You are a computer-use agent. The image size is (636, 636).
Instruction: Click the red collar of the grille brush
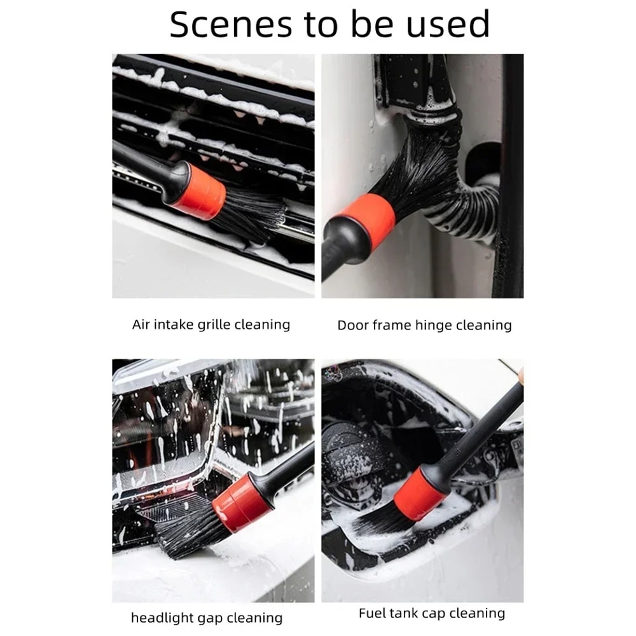pyautogui.click(x=198, y=191)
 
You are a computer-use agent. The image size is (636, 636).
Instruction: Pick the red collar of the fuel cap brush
pyautogui.click(x=417, y=493)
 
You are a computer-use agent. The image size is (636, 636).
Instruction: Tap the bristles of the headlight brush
pyautogui.click(x=184, y=528)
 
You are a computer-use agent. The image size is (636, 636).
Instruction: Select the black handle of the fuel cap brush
pyautogui.click(x=483, y=426)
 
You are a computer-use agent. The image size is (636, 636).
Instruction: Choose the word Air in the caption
pyautogui.click(x=141, y=324)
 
